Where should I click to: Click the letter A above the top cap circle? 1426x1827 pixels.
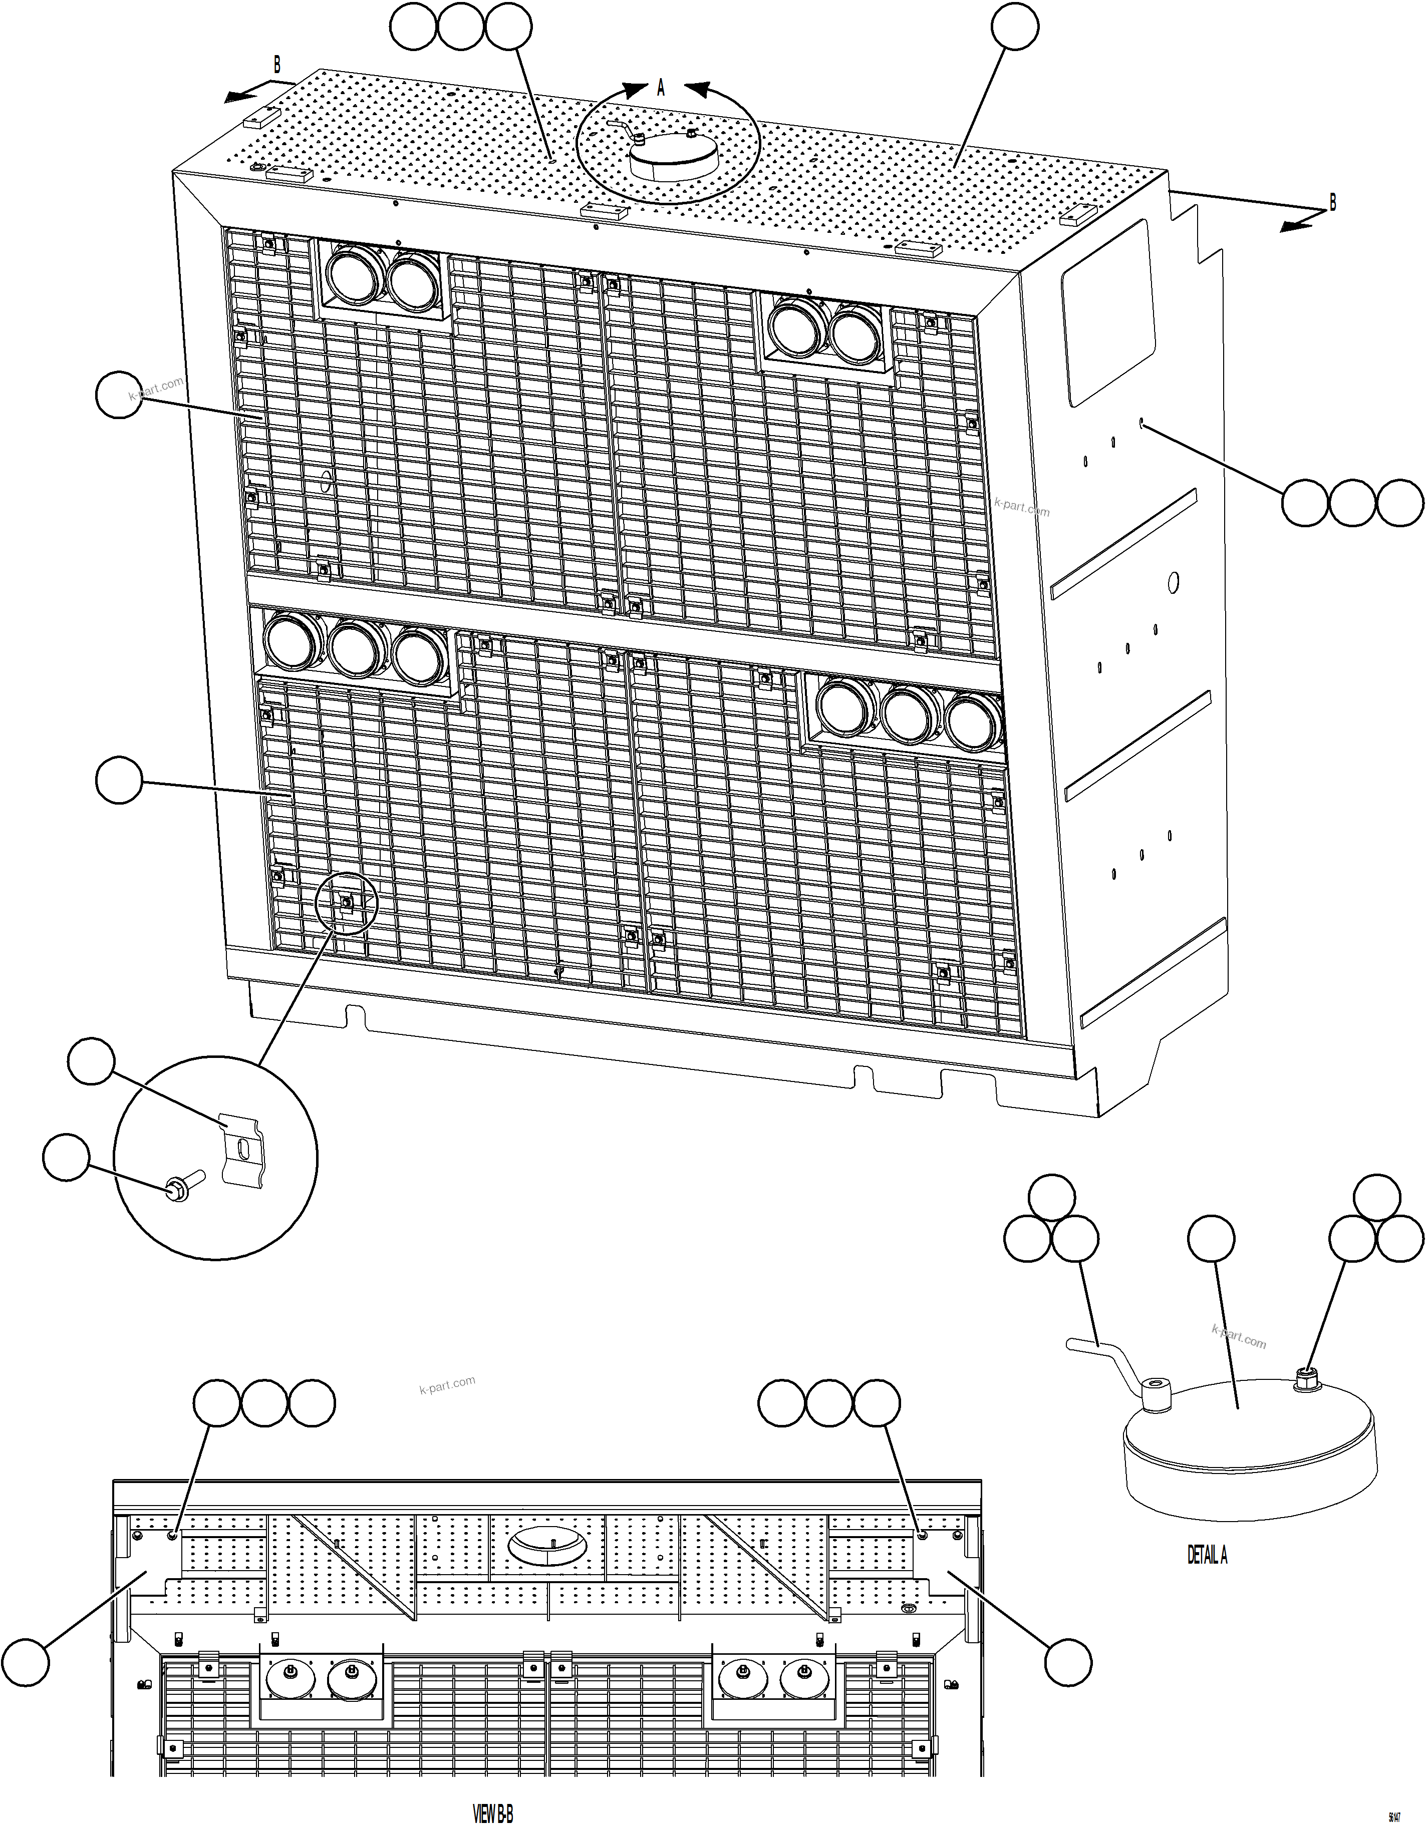(x=660, y=88)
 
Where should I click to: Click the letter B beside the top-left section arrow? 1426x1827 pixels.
(x=277, y=65)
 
